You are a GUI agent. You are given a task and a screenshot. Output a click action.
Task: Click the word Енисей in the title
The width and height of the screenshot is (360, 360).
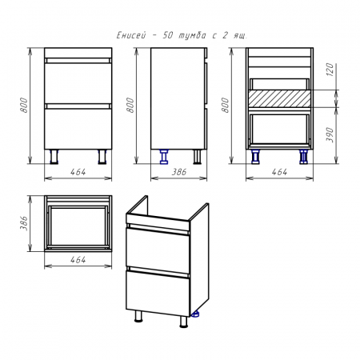click(131, 35)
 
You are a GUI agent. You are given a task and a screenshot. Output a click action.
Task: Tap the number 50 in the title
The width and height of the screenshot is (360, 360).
click(168, 35)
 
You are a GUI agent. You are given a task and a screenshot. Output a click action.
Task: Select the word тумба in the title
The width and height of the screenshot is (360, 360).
click(192, 35)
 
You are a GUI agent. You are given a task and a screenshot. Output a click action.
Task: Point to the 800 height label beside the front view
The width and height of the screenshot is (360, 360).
click(24, 105)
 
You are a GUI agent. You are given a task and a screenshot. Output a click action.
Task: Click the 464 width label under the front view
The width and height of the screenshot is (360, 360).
click(78, 172)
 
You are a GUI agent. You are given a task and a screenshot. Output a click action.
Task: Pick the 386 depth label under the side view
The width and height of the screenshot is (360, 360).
click(178, 172)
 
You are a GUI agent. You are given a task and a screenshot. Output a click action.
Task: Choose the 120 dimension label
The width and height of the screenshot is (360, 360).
click(330, 70)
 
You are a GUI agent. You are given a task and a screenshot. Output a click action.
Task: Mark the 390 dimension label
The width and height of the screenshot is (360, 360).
click(330, 134)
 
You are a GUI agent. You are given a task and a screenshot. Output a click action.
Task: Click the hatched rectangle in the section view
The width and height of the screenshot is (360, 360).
click(279, 98)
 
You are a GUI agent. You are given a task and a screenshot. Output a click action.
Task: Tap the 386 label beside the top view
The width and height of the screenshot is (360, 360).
click(24, 223)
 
